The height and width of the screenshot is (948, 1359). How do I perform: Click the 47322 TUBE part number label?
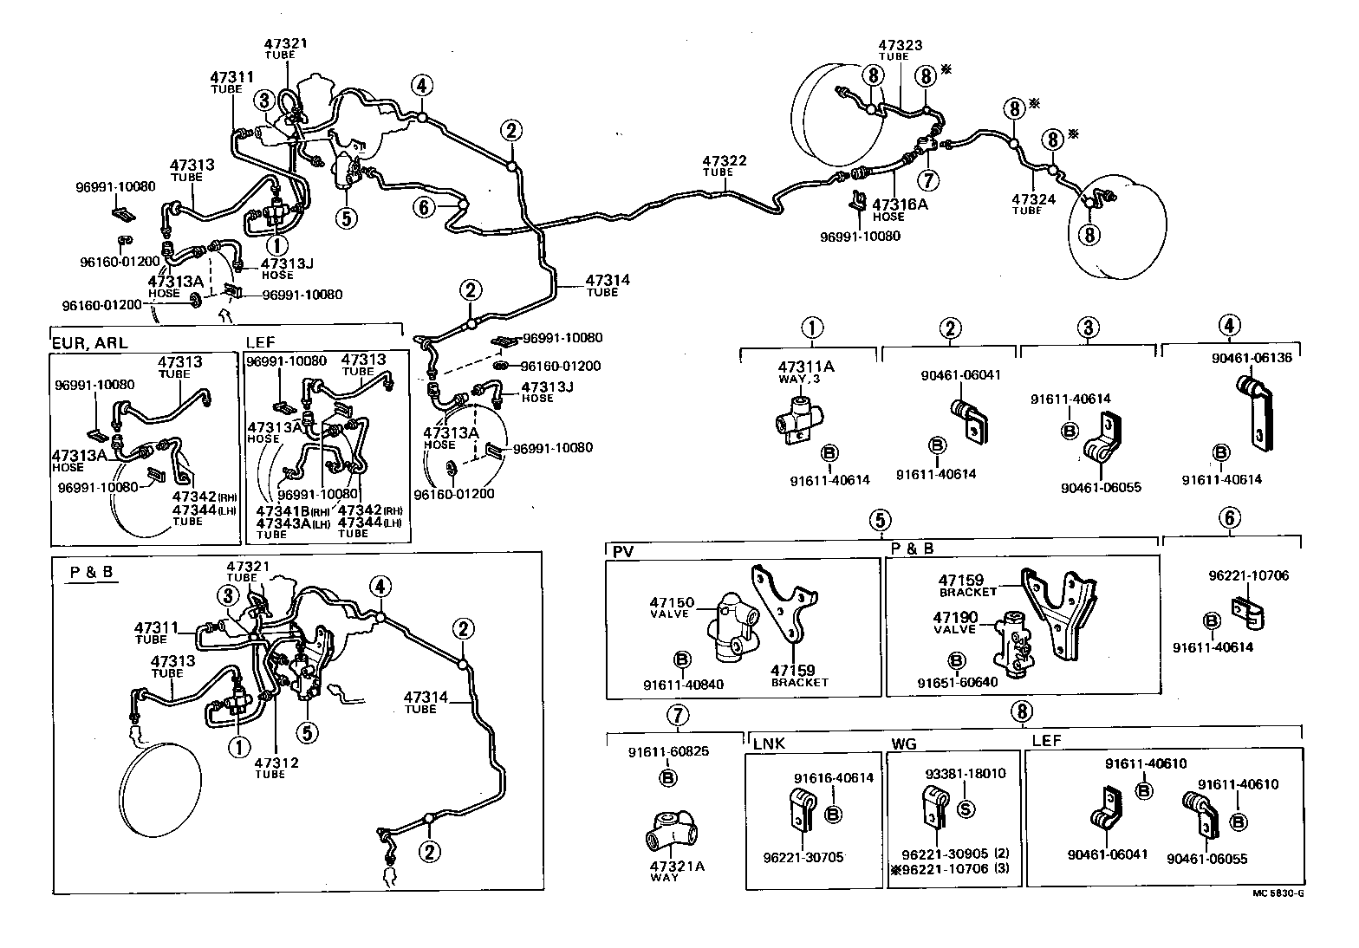(x=724, y=161)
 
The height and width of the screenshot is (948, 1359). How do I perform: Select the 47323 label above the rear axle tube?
(x=901, y=45)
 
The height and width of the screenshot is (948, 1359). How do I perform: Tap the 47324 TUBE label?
(x=1033, y=198)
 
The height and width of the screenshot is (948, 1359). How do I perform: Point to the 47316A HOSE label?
(x=900, y=205)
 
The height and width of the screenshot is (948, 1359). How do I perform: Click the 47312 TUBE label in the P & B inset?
(x=276, y=763)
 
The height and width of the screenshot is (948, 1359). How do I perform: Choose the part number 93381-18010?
(x=965, y=773)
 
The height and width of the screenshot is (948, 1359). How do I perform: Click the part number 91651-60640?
(x=957, y=682)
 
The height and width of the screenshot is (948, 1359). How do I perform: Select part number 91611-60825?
(x=668, y=751)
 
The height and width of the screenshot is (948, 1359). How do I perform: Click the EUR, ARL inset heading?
(x=90, y=342)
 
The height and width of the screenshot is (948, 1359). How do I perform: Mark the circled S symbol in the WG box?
(x=966, y=809)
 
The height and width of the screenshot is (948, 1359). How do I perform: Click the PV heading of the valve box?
(x=623, y=551)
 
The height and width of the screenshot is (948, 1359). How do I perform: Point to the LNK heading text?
(x=769, y=744)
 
